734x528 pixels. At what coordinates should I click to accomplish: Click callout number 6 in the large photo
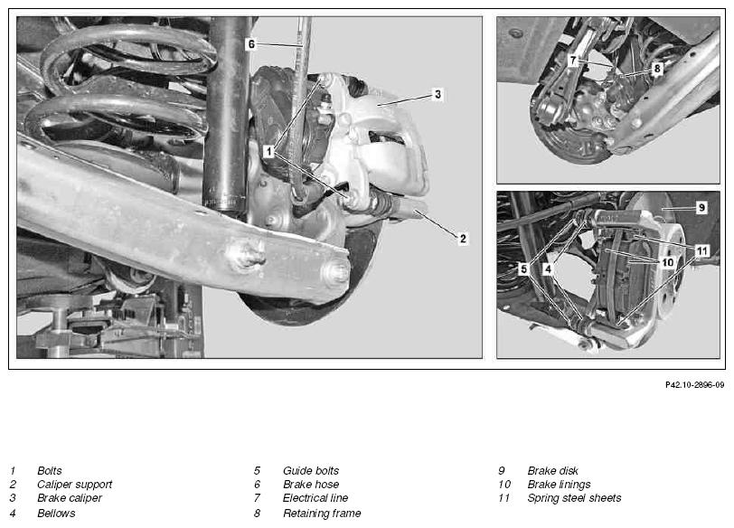coord(251,44)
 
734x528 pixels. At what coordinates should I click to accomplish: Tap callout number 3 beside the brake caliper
coord(438,94)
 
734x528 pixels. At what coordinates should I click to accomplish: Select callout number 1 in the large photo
coord(268,152)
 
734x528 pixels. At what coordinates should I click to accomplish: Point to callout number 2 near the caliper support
coord(463,239)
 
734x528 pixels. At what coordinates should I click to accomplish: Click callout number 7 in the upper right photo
coord(572,61)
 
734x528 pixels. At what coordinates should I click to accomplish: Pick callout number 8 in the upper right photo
coord(657,69)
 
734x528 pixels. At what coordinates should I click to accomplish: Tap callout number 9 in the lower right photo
coord(701,207)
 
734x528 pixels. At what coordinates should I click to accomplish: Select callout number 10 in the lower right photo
coord(667,262)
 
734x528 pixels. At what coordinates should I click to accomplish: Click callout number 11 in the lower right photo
coord(701,251)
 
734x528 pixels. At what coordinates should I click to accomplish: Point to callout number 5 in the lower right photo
coord(523,269)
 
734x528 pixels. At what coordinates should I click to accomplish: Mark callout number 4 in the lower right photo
coord(548,269)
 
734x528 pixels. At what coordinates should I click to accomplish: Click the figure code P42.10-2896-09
coord(694,385)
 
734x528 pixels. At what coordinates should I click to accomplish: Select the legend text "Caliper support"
coord(74,484)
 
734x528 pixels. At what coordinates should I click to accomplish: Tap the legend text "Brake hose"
coord(311,484)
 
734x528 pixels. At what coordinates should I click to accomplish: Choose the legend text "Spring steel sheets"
coord(574,498)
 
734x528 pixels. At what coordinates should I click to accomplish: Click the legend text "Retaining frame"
coord(322,514)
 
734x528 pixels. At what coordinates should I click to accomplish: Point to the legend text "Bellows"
coord(56,514)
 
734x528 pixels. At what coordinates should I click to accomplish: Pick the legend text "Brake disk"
coord(553,470)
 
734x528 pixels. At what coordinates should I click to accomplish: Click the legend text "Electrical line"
coord(315,498)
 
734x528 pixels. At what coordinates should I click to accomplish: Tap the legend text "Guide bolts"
coord(311,470)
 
